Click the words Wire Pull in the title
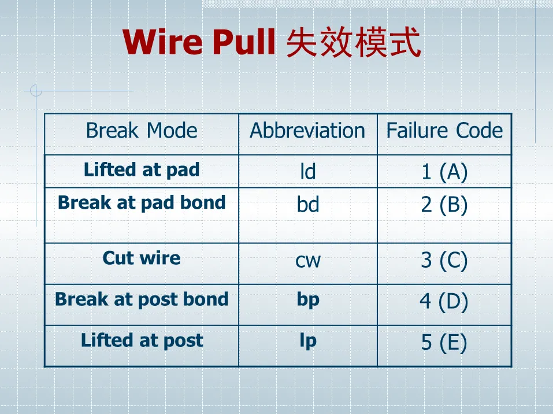pos(199,42)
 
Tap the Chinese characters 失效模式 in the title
pos(354,43)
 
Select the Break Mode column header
pos(142,131)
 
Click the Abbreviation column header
pos(307,131)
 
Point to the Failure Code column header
pos(444,131)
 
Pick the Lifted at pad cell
pos(142,169)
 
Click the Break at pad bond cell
pos(142,202)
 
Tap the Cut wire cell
pos(142,258)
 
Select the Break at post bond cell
pos(142,299)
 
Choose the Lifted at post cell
pos(142,340)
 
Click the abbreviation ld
pos(308,172)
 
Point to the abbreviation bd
pos(308,205)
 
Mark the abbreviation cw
pos(308,261)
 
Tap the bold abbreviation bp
pos(308,300)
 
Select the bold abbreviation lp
pos(308,341)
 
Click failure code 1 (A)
pos(444,172)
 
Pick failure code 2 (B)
pos(444,205)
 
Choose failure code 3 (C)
pos(444,261)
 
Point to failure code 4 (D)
pos(444,301)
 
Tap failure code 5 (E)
pos(444,342)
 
